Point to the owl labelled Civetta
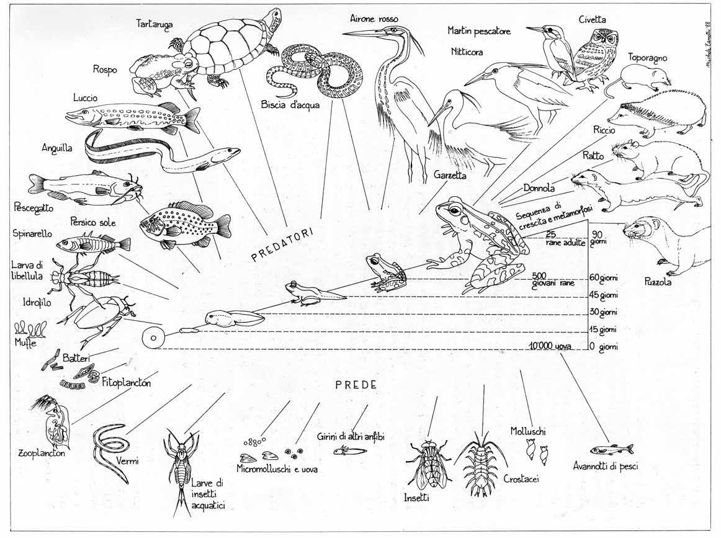[593, 56]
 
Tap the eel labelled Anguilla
[161, 152]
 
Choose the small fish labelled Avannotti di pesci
[611, 449]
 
